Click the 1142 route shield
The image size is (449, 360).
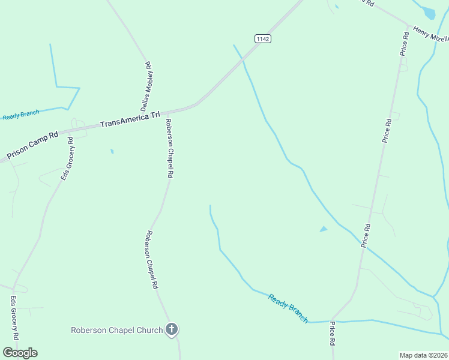263,38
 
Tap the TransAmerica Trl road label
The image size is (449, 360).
130,119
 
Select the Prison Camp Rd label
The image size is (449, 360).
32,146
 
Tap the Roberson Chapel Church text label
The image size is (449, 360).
116,329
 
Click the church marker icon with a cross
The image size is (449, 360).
172,329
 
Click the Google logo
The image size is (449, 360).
20,353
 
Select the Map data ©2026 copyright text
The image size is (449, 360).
424,355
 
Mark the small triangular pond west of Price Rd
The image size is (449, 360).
324,229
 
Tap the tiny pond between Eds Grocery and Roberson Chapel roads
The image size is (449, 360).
112,151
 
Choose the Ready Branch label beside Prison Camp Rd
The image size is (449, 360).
20,115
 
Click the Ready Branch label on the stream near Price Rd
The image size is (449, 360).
288,308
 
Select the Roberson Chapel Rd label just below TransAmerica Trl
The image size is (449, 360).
170,148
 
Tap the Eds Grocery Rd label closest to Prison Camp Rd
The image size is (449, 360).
67,159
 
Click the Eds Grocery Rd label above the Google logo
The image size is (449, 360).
14,317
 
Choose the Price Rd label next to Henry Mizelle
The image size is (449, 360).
405,44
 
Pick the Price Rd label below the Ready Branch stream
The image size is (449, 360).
331,334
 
